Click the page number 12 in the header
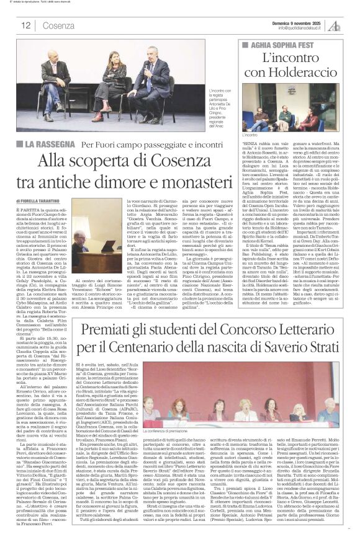point(26,26)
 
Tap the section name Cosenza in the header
point(59,26)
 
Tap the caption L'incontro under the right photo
point(249,134)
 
